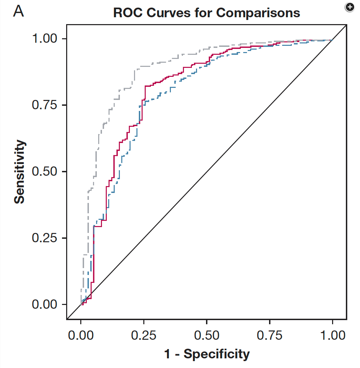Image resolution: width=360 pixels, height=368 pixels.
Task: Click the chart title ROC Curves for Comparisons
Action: (206, 13)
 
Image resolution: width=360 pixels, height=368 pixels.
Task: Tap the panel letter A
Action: (18, 11)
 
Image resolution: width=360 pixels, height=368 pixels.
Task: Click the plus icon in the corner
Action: (349, 7)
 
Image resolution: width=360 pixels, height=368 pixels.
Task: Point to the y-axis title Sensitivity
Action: (20, 171)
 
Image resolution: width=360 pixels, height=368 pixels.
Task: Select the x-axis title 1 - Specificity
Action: (207, 354)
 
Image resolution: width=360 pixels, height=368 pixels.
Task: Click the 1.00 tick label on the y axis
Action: (47, 39)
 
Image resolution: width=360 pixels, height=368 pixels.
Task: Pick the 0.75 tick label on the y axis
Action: (47, 105)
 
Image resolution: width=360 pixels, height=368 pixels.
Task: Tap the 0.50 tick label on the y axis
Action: (47, 172)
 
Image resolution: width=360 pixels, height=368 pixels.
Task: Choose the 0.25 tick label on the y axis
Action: (47, 238)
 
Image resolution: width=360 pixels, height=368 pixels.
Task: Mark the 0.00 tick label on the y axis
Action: (47, 305)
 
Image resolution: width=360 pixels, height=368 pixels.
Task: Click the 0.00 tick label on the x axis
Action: (81, 335)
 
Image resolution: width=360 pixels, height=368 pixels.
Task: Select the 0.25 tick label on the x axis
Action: (144, 335)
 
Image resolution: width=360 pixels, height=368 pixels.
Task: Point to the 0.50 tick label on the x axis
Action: (206, 335)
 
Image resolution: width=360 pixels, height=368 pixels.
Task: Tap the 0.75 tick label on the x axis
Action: (269, 335)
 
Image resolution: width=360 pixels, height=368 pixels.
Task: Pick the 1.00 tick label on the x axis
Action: (332, 335)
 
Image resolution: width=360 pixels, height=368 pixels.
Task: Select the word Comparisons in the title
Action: (258, 13)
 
